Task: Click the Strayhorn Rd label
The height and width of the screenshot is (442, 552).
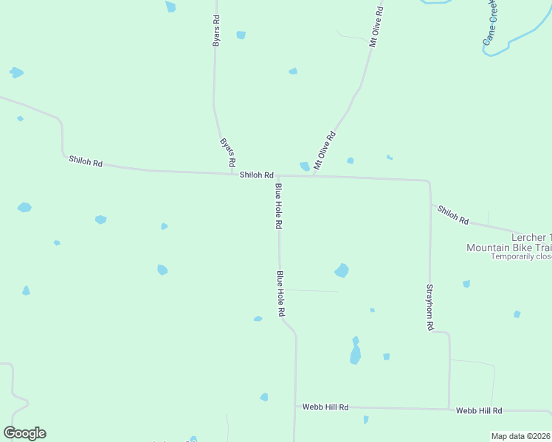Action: [x=429, y=307]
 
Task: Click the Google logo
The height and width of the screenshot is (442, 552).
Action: [x=24, y=433]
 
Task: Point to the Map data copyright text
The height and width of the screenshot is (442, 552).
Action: [x=520, y=436]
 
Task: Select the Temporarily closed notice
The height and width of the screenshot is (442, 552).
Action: [x=521, y=256]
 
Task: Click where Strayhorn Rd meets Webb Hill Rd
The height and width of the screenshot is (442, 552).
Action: [x=449, y=409]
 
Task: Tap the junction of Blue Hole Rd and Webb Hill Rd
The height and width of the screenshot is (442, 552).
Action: [x=295, y=407]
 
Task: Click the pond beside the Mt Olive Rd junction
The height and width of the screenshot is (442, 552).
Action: [x=305, y=166]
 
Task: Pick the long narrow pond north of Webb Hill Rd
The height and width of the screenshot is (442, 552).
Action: [x=356, y=352]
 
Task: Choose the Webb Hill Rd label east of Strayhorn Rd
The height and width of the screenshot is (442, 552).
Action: [x=479, y=410]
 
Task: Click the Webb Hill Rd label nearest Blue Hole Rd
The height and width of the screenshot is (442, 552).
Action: [x=325, y=407]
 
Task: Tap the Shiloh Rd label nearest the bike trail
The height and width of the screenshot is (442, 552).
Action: [x=453, y=214]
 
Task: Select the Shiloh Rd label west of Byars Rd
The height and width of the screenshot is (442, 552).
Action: [x=86, y=161]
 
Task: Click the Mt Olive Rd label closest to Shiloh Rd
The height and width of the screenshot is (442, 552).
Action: [x=325, y=150]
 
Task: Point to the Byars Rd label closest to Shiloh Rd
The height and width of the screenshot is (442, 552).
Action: [x=227, y=151]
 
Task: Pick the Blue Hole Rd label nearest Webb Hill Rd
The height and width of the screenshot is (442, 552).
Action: [x=280, y=293]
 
